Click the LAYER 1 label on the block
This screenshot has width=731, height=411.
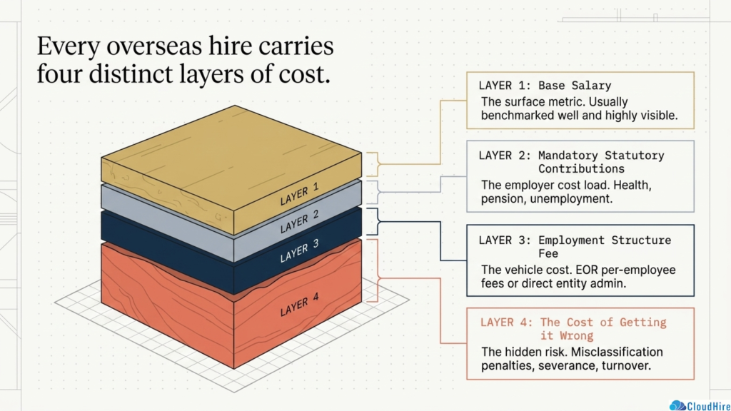click(x=299, y=194)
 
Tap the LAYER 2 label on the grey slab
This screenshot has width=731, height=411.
click(x=299, y=221)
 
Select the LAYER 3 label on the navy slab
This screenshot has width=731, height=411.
click(x=299, y=250)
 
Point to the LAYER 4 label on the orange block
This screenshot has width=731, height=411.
click(x=299, y=304)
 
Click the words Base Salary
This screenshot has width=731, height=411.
click(x=575, y=86)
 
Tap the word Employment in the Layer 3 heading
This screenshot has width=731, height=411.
click(x=571, y=240)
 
